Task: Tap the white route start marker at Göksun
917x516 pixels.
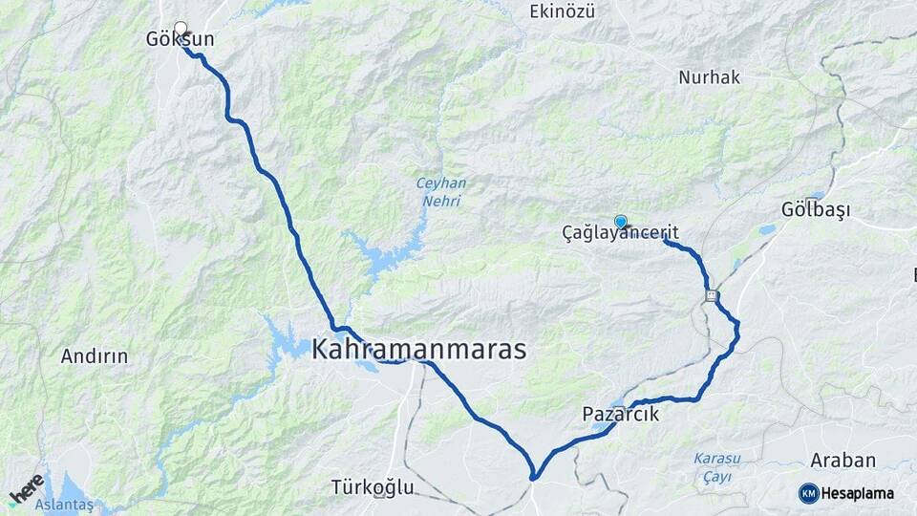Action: tap(181, 28)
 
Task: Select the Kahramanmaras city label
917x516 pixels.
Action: tap(418, 350)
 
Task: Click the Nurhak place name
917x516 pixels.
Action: tap(710, 77)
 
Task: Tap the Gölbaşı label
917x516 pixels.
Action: tap(815, 209)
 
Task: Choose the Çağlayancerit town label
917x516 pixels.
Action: tap(621, 232)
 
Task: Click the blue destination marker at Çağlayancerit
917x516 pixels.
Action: tap(621, 221)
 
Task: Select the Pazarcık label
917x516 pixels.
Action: tap(621, 415)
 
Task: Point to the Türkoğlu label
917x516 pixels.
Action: tap(373, 487)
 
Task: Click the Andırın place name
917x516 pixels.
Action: tap(95, 356)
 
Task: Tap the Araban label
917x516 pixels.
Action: tap(842, 461)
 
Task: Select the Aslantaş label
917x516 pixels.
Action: tap(64, 504)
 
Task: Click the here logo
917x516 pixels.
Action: tap(27, 489)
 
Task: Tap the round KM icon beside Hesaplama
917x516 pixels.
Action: tap(808, 493)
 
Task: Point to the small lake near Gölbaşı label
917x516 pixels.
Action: tap(768, 229)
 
